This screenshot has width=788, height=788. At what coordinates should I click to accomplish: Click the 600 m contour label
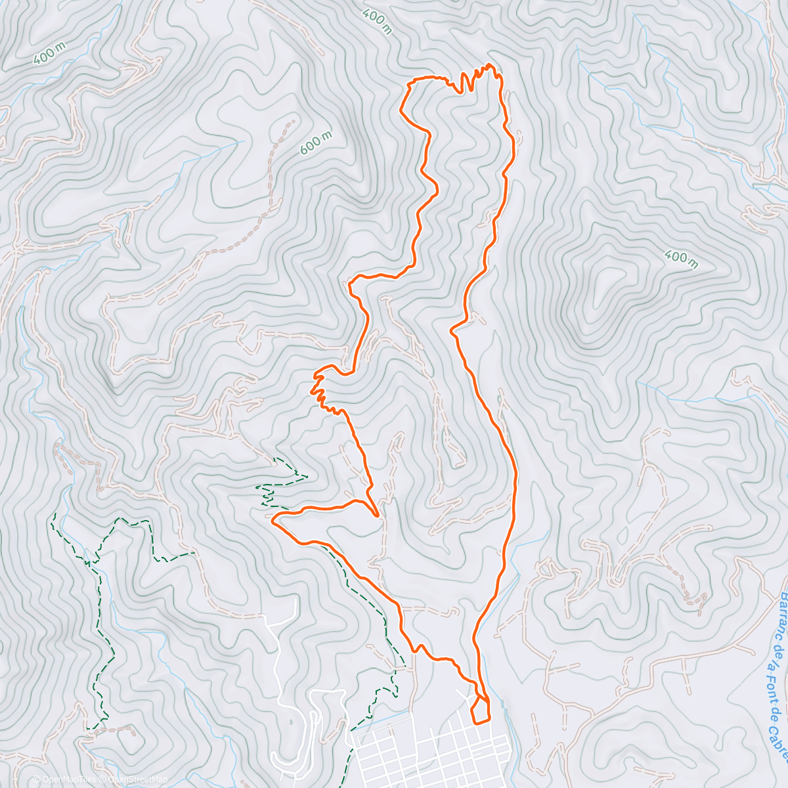click(316, 142)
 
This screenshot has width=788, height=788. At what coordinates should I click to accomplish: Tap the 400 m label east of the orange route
click(680, 259)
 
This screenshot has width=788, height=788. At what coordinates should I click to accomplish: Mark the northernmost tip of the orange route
click(489, 64)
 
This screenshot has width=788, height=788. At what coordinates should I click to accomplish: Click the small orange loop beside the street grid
click(481, 710)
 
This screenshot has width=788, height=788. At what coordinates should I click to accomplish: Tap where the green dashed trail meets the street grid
click(353, 729)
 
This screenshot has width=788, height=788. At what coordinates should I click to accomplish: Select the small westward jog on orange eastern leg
click(453, 328)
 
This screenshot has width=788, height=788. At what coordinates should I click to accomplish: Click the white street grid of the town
click(427, 749)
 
